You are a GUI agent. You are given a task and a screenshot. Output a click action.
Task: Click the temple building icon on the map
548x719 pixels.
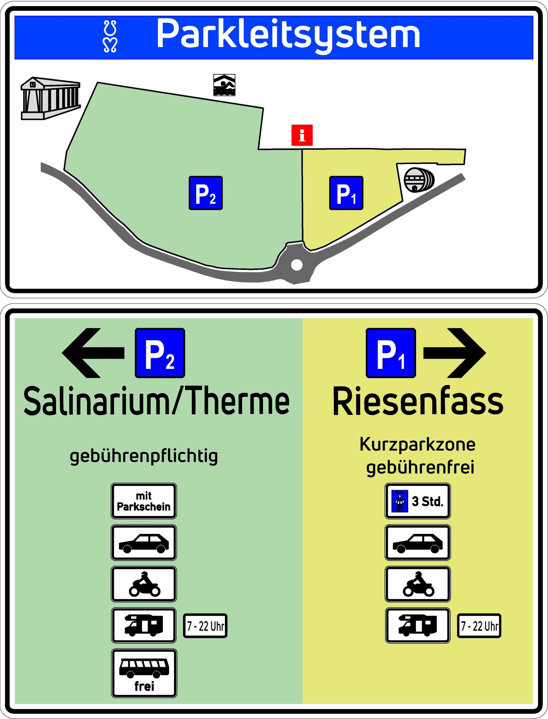point(51,98)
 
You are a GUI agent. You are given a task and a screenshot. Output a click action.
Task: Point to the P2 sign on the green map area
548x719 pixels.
point(205,193)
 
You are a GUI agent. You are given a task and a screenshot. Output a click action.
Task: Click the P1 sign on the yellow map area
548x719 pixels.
point(346,193)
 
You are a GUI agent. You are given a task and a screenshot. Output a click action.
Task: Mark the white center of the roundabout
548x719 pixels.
point(296,265)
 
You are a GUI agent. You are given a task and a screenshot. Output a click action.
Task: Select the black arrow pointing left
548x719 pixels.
point(93,353)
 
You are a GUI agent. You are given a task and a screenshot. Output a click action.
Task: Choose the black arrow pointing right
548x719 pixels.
point(455,353)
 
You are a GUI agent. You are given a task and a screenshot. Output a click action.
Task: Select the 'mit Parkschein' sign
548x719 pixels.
point(144,501)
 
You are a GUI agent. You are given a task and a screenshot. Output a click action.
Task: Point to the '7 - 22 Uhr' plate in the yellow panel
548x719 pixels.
point(479,626)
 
